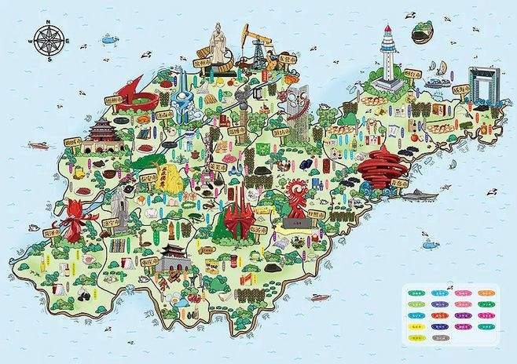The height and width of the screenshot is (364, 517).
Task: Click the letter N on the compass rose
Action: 49,23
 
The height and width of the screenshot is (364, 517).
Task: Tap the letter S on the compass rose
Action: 49,59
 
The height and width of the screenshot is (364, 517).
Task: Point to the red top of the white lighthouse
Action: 387,31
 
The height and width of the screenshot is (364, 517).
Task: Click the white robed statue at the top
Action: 218,43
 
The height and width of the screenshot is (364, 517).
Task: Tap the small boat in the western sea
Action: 38,145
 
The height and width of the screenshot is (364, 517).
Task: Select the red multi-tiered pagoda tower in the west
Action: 103,135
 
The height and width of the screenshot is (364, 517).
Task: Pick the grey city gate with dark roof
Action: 172,256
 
